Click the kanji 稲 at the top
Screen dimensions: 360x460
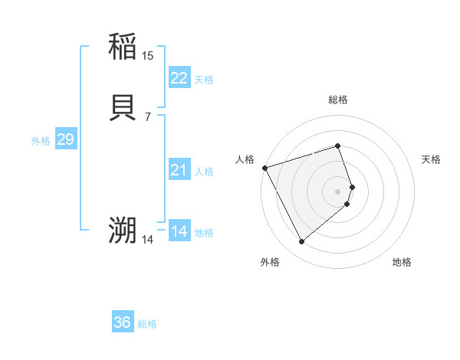coord(123,47)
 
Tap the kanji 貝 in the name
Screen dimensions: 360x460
coord(123,109)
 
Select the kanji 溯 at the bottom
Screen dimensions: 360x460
coord(123,231)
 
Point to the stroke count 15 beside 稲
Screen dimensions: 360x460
coord(147,56)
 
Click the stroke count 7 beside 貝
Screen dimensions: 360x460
coord(147,116)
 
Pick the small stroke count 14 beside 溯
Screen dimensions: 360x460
coord(147,240)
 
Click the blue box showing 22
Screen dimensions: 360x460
coord(179,78)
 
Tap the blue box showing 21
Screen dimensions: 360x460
coord(179,170)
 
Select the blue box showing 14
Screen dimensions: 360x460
coord(179,231)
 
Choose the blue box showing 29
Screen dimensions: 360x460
coord(65,139)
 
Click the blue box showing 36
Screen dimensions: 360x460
coord(123,322)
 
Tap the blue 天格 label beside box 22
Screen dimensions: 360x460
coord(204,80)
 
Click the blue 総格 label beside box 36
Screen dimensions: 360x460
coord(147,324)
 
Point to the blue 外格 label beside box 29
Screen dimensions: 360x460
coord(41,141)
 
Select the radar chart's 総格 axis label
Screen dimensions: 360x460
coord(337,100)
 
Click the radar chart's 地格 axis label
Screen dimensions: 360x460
coord(402,263)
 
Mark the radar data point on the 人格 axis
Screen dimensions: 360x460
coord(264,167)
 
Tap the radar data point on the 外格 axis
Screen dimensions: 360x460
coord(301,242)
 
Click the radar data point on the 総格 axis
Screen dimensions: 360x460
coord(337,146)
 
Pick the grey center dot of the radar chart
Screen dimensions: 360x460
coord(337,191)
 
